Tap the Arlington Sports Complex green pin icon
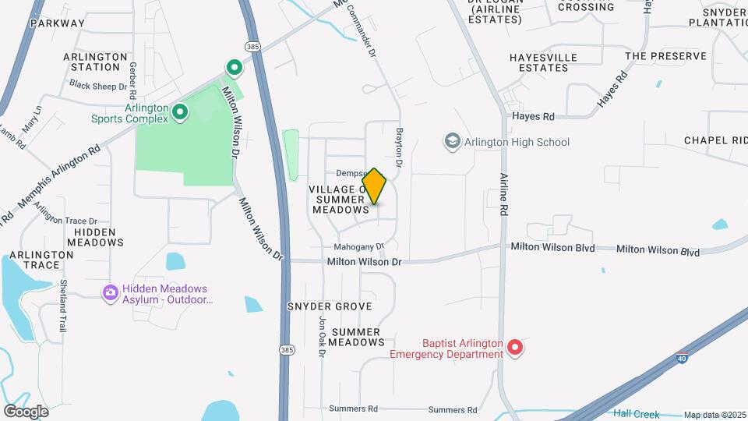pyautogui.click(x=180, y=114)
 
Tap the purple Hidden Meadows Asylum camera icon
pyautogui.click(x=110, y=292)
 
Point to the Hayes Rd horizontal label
pyautogui.click(x=533, y=116)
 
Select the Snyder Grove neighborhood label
pyautogui.click(x=330, y=306)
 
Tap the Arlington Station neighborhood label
pyautogui.click(x=94, y=62)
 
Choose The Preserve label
pyautogui.click(x=665, y=56)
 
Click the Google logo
pyautogui.click(x=26, y=411)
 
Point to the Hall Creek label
pyautogui.click(x=636, y=414)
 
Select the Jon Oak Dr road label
pyautogui.click(x=321, y=337)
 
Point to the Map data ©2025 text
pyautogui.click(x=714, y=415)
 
